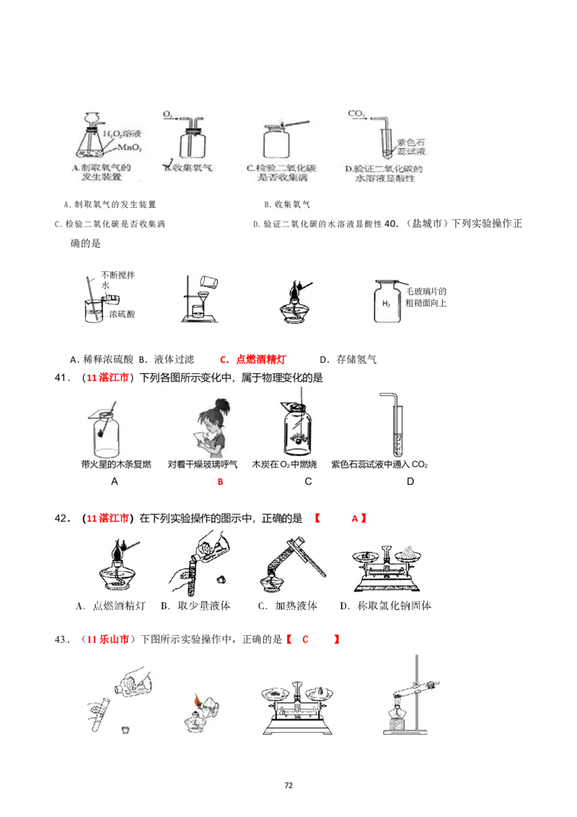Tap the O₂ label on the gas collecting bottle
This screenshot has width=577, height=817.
(167, 114)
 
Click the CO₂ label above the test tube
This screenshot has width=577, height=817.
(355, 113)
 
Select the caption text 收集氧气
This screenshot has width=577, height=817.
(189, 169)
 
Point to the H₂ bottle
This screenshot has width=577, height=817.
(386, 303)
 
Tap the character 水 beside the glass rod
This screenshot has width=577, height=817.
(105, 286)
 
